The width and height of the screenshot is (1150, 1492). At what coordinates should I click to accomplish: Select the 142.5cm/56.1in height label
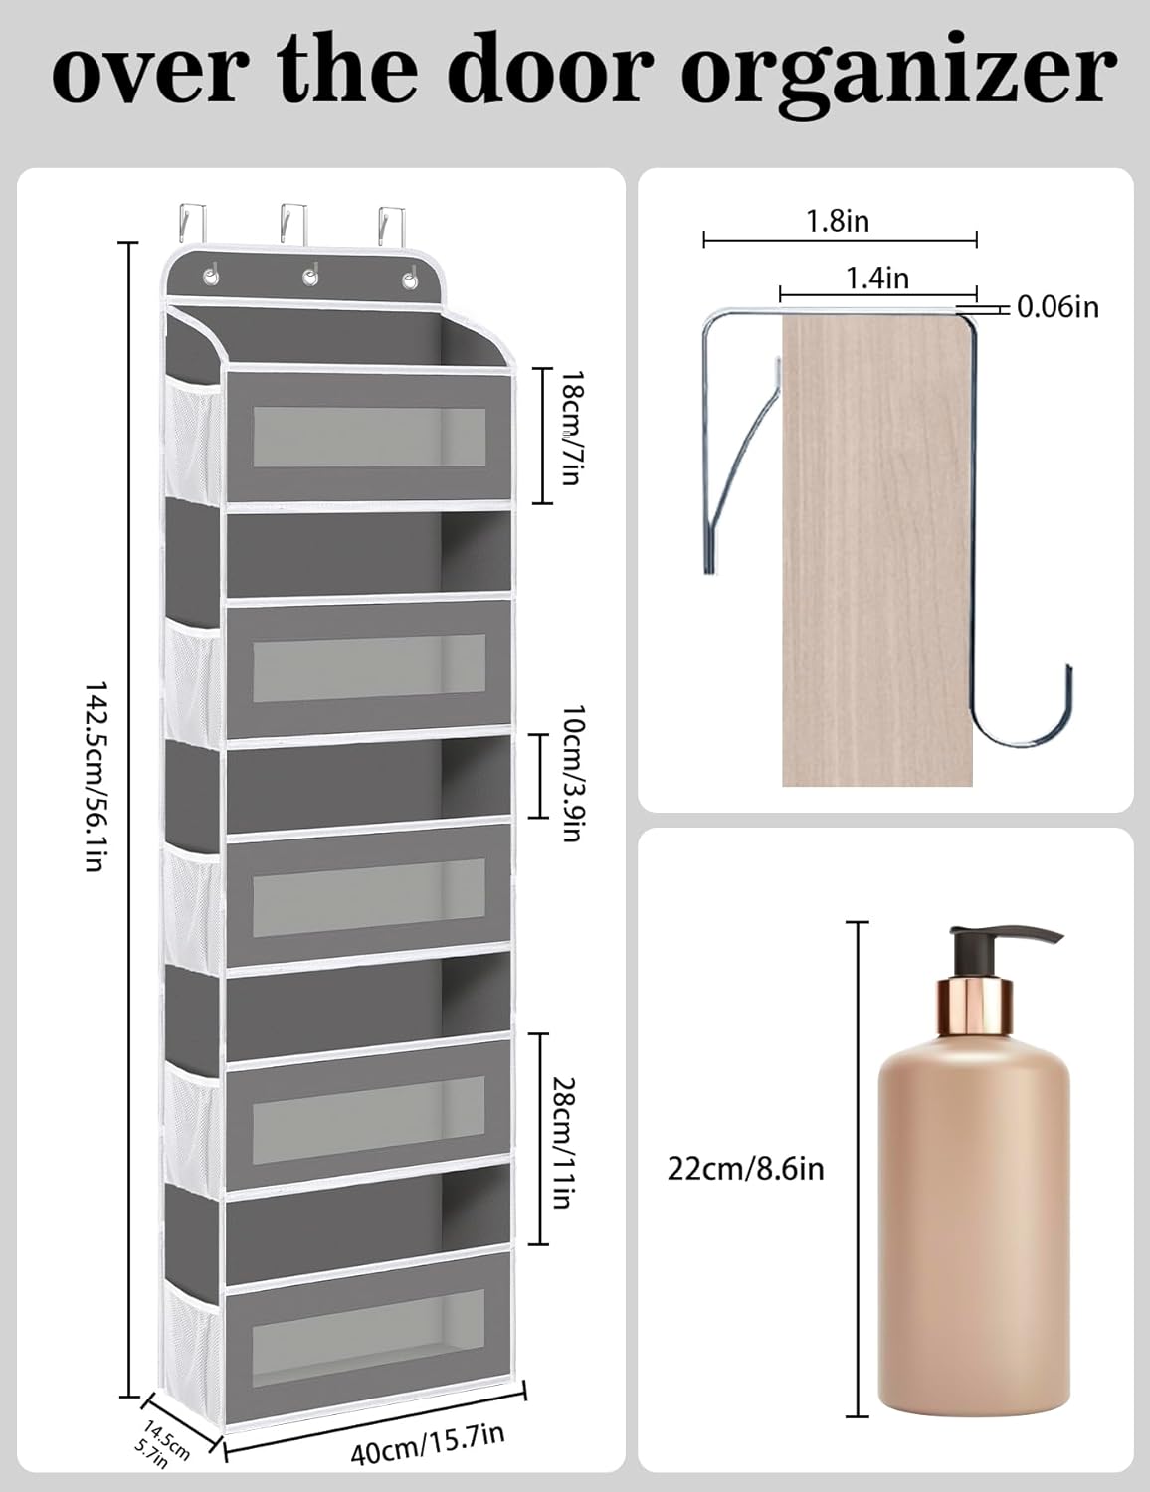coord(94,776)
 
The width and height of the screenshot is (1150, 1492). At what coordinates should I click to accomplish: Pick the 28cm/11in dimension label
coord(563,1141)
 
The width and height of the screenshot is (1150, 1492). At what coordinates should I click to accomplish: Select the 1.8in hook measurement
coord(838,220)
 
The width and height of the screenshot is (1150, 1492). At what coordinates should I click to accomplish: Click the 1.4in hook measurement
coord(877,278)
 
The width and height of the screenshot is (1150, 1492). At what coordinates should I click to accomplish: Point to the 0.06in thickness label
coord(1058,308)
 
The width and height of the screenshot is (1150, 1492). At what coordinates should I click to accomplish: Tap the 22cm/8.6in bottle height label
coord(746,1167)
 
